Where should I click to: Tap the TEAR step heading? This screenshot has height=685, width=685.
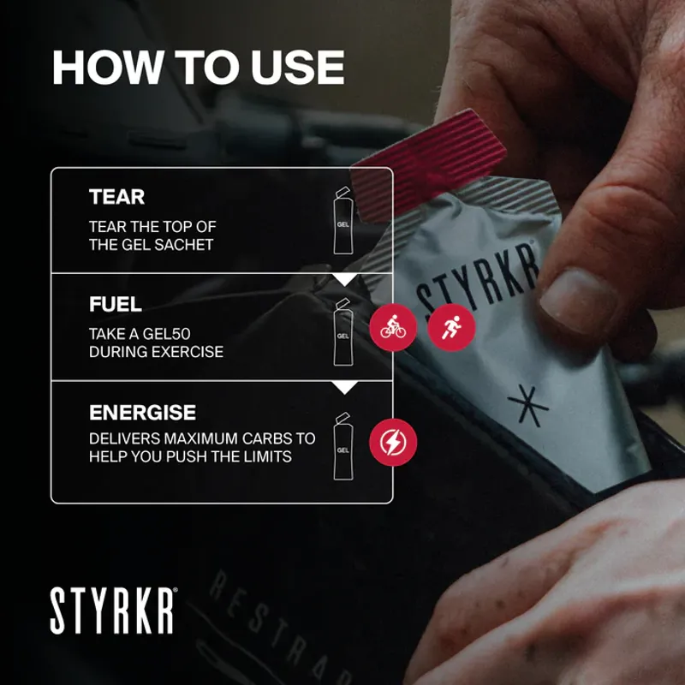click(116, 197)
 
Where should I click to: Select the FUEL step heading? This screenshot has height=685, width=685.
click(115, 304)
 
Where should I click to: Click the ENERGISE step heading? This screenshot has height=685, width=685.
click(142, 412)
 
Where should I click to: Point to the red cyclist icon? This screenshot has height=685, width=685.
click(393, 327)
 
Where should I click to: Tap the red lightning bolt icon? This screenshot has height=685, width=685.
click(393, 443)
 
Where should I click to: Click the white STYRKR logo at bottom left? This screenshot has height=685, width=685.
click(114, 611)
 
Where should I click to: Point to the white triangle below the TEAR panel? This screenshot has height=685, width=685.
click(344, 280)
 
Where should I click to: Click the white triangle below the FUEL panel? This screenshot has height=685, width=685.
click(344, 388)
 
